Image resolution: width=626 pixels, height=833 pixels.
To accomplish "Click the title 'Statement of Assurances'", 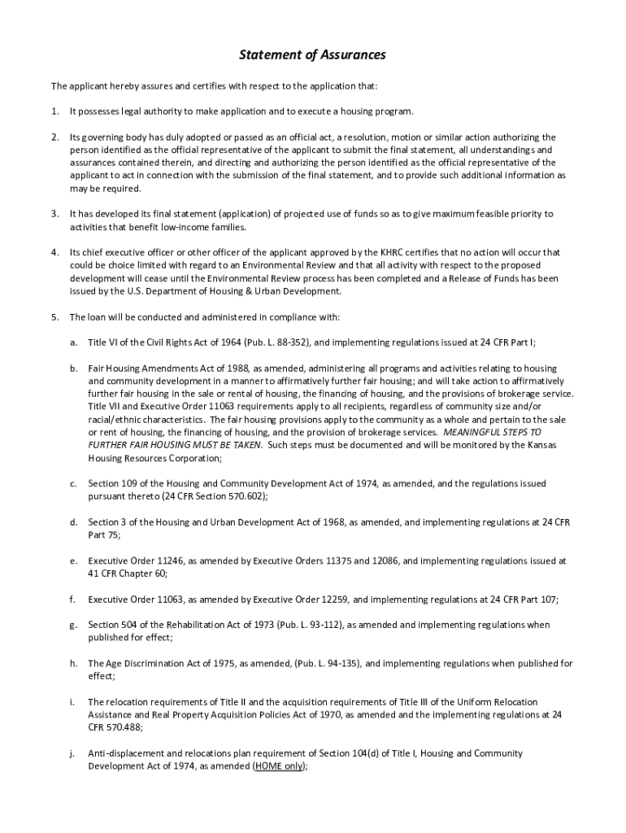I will [312, 55].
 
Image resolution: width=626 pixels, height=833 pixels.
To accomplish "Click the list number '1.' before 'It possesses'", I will [54, 111].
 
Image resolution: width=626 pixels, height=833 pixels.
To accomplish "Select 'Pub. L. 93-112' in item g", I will [309, 625].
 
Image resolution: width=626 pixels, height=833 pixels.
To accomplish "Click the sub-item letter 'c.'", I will [73, 483].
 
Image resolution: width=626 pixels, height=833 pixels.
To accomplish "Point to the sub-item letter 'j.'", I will [72, 753].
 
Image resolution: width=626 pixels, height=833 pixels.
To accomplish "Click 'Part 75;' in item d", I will [104, 534].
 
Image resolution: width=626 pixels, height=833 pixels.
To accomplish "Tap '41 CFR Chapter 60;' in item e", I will [128, 574].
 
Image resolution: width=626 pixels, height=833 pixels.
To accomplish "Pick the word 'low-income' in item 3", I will [189, 227].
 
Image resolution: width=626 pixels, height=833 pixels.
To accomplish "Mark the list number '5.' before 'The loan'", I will [54, 316].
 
